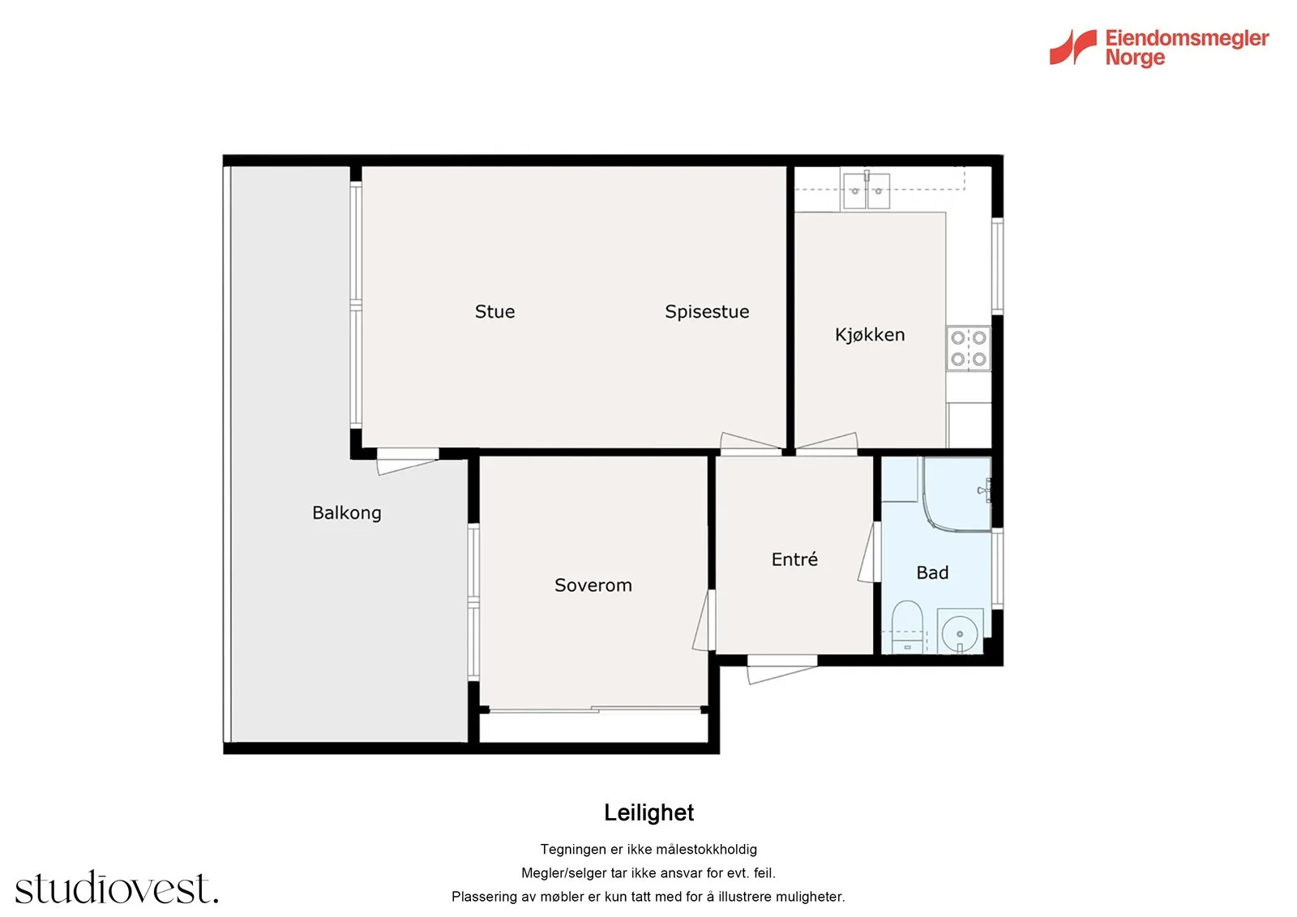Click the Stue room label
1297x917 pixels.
pyautogui.click(x=494, y=311)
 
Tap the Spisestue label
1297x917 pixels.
pyautogui.click(x=706, y=312)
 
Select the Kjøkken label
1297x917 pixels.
pyautogui.click(x=869, y=335)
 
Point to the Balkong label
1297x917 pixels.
pyautogui.click(x=346, y=512)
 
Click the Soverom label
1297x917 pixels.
pyautogui.click(x=593, y=585)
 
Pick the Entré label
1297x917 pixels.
pyautogui.click(x=794, y=559)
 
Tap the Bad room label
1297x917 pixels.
pyautogui.click(x=932, y=573)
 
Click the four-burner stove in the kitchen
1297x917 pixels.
pyautogui.click(x=968, y=348)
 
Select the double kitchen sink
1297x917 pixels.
pyautogui.click(x=866, y=190)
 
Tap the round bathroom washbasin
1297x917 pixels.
pyautogui.click(x=960, y=632)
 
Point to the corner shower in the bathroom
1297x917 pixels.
pyautogui.click(x=957, y=494)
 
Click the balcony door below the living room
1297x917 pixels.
pyautogui.click(x=408, y=461)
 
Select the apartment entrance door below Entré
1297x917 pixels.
pyautogui.click(x=781, y=669)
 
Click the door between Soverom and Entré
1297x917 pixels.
pyautogui.click(x=704, y=619)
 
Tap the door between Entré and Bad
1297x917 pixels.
pyautogui.click(x=869, y=552)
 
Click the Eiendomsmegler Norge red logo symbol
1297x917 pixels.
pyautogui.click(x=1072, y=47)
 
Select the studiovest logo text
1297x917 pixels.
pyautogui.click(x=117, y=888)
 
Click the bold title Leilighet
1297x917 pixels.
pyautogui.click(x=648, y=812)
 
